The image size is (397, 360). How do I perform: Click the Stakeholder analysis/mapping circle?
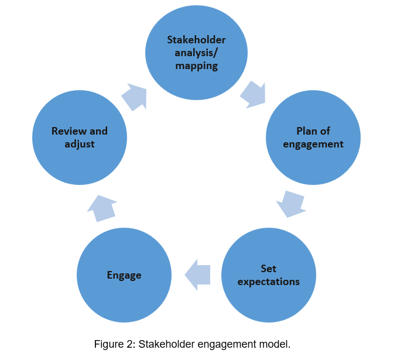point(196,53)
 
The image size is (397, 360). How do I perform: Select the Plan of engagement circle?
point(313,138)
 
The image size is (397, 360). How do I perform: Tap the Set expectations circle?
point(268,275)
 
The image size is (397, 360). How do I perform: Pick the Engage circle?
point(124,275)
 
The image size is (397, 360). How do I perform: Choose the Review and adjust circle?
point(80,138)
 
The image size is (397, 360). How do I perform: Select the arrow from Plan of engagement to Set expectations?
point(291,204)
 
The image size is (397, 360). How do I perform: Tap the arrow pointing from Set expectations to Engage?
point(197,273)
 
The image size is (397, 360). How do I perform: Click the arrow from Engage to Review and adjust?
point(102,208)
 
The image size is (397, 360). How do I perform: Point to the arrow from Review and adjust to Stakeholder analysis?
point(134,96)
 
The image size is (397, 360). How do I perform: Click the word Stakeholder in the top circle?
point(196,40)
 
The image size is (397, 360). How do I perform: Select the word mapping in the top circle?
point(196,66)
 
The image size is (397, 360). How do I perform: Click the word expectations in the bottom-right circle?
point(268,282)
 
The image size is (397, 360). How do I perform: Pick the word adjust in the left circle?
point(80,144)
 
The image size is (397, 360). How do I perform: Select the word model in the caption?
point(276,344)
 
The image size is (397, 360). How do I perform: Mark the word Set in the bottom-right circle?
point(268,269)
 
